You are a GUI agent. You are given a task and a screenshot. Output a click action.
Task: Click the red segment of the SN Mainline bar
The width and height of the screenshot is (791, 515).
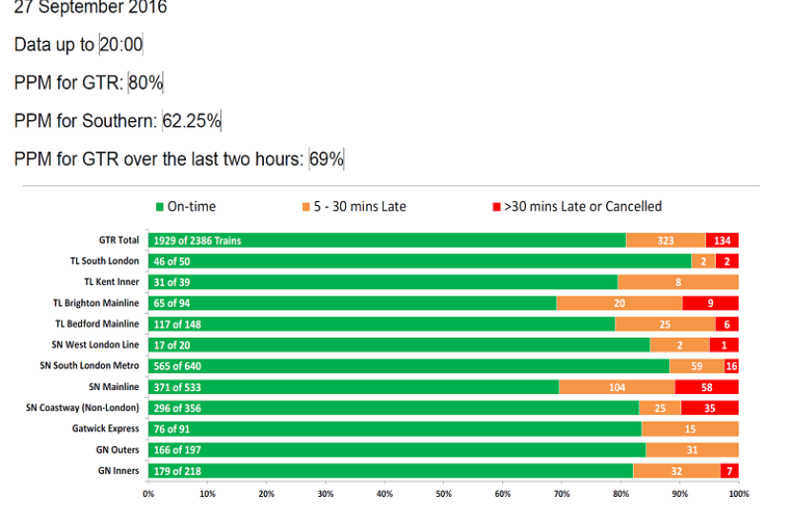point(707,387)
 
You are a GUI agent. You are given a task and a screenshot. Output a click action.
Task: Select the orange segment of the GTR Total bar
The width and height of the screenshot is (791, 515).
point(666,240)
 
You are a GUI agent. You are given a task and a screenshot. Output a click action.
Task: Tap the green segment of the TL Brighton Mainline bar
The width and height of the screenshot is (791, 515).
point(353,303)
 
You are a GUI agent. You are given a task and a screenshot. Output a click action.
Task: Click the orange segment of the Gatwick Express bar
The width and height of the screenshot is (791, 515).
point(690,429)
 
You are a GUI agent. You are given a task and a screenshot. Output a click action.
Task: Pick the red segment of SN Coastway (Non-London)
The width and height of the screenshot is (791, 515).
point(709,408)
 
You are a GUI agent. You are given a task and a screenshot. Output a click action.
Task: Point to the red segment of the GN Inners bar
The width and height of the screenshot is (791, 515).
point(730,471)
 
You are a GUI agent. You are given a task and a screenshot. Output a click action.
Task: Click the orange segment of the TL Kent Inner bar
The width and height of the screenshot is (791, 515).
point(678,282)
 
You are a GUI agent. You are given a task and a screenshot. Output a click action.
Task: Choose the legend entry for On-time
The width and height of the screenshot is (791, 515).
point(186,207)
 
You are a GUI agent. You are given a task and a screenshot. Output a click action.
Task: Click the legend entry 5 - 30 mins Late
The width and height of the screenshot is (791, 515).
point(354,207)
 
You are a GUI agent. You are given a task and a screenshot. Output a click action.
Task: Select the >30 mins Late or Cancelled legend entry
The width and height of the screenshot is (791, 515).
point(577,207)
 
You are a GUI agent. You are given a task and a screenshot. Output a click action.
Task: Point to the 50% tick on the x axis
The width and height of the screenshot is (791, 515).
point(444,494)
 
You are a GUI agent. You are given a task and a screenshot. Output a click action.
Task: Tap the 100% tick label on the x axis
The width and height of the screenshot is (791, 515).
point(739,494)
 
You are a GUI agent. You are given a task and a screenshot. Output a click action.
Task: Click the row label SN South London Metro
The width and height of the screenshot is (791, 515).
point(90,366)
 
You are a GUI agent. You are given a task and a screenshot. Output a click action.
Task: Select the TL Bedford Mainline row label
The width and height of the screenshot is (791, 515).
point(97,324)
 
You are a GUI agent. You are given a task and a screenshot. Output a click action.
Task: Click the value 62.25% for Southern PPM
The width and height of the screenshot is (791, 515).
point(192,121)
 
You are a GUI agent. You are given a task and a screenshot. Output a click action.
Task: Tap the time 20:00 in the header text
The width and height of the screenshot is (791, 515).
point(121,45)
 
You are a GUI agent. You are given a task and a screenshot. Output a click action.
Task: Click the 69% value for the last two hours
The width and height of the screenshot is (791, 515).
point(326,159)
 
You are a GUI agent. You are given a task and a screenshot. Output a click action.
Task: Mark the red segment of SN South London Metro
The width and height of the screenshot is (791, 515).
point(731,366)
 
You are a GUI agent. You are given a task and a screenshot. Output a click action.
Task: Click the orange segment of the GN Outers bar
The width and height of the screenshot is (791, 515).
point(692,450)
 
